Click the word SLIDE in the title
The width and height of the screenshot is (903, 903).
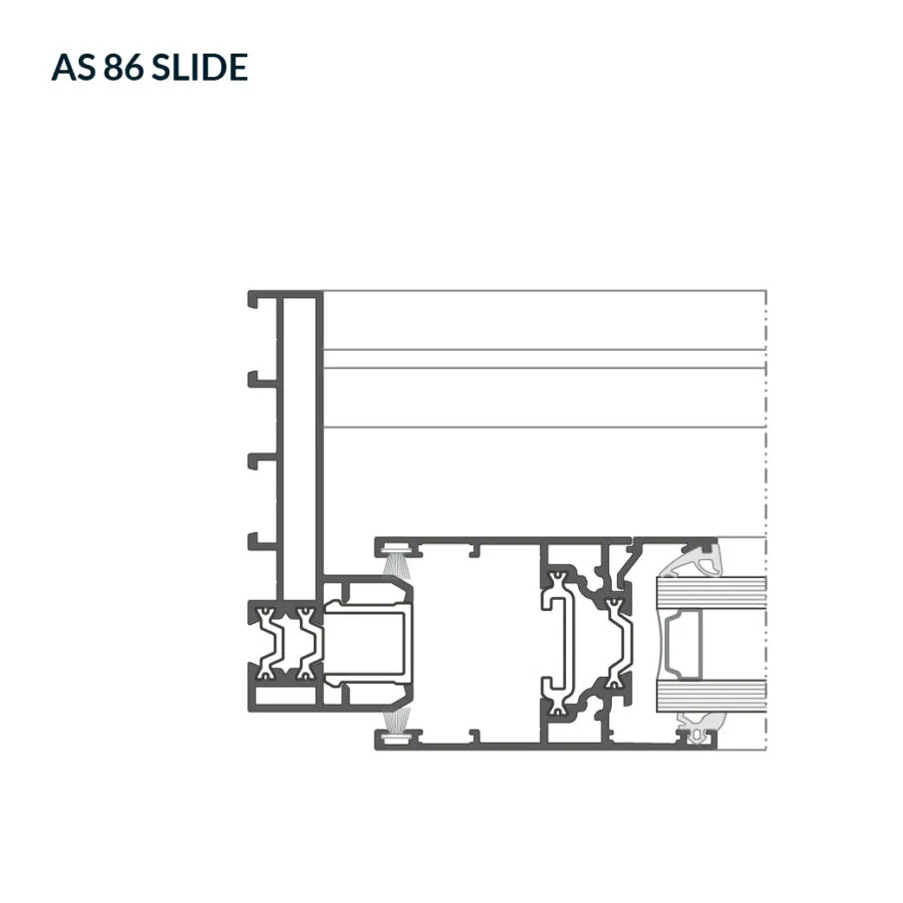199,67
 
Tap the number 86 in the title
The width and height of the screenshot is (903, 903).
124,67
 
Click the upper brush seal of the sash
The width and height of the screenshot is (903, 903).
396,563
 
